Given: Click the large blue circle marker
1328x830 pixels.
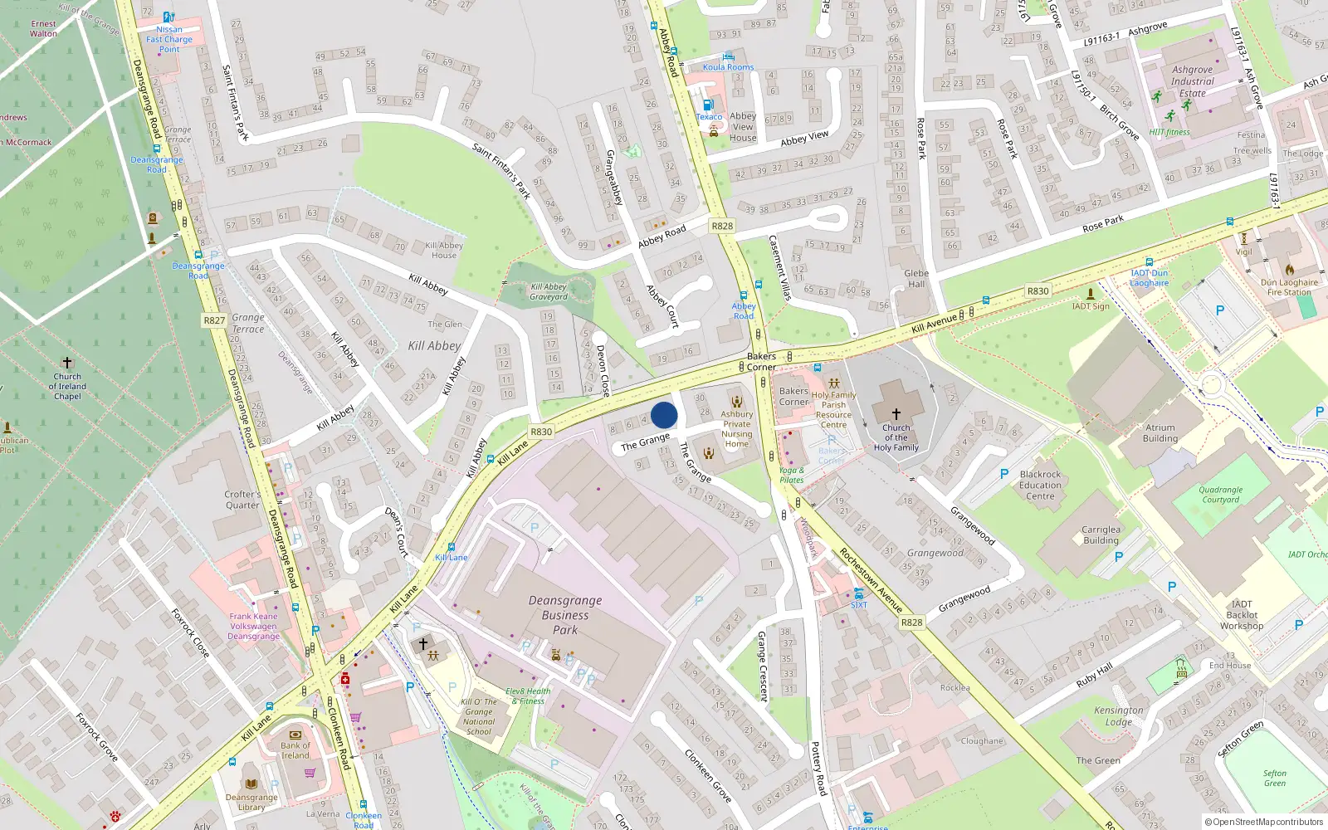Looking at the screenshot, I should coord(664,415).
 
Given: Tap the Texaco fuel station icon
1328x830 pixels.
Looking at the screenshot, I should coord(708,105).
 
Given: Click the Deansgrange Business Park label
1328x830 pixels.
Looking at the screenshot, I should coord(565,615).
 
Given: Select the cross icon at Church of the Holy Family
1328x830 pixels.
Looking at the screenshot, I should coord(896,413).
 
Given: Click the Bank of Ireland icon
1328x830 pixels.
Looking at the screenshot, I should coord(295,734).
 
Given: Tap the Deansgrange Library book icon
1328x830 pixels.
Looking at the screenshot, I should coord(251,784).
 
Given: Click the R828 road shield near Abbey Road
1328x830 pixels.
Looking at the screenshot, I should coord(722,226).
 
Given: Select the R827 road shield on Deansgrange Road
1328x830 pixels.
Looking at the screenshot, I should coord(214,320).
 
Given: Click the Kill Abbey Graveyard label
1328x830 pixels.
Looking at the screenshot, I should coord(549,291).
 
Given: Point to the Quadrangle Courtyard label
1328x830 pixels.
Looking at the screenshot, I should coord(1220,495).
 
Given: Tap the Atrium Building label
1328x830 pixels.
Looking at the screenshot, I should coord(1160,433).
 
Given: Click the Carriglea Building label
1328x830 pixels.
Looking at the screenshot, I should coord(1101,535).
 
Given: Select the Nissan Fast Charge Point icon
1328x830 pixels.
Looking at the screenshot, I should coord(168,17).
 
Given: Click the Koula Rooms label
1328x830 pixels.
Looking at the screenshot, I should coord(728,67).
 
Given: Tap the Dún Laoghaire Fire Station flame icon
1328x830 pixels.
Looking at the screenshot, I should coord(1289,270).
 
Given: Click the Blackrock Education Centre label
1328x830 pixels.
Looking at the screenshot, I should coord(1040,485).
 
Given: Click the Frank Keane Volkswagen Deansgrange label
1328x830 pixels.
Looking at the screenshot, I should coord(253,626).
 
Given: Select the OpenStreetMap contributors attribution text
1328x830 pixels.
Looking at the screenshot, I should coord(1264,822).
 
